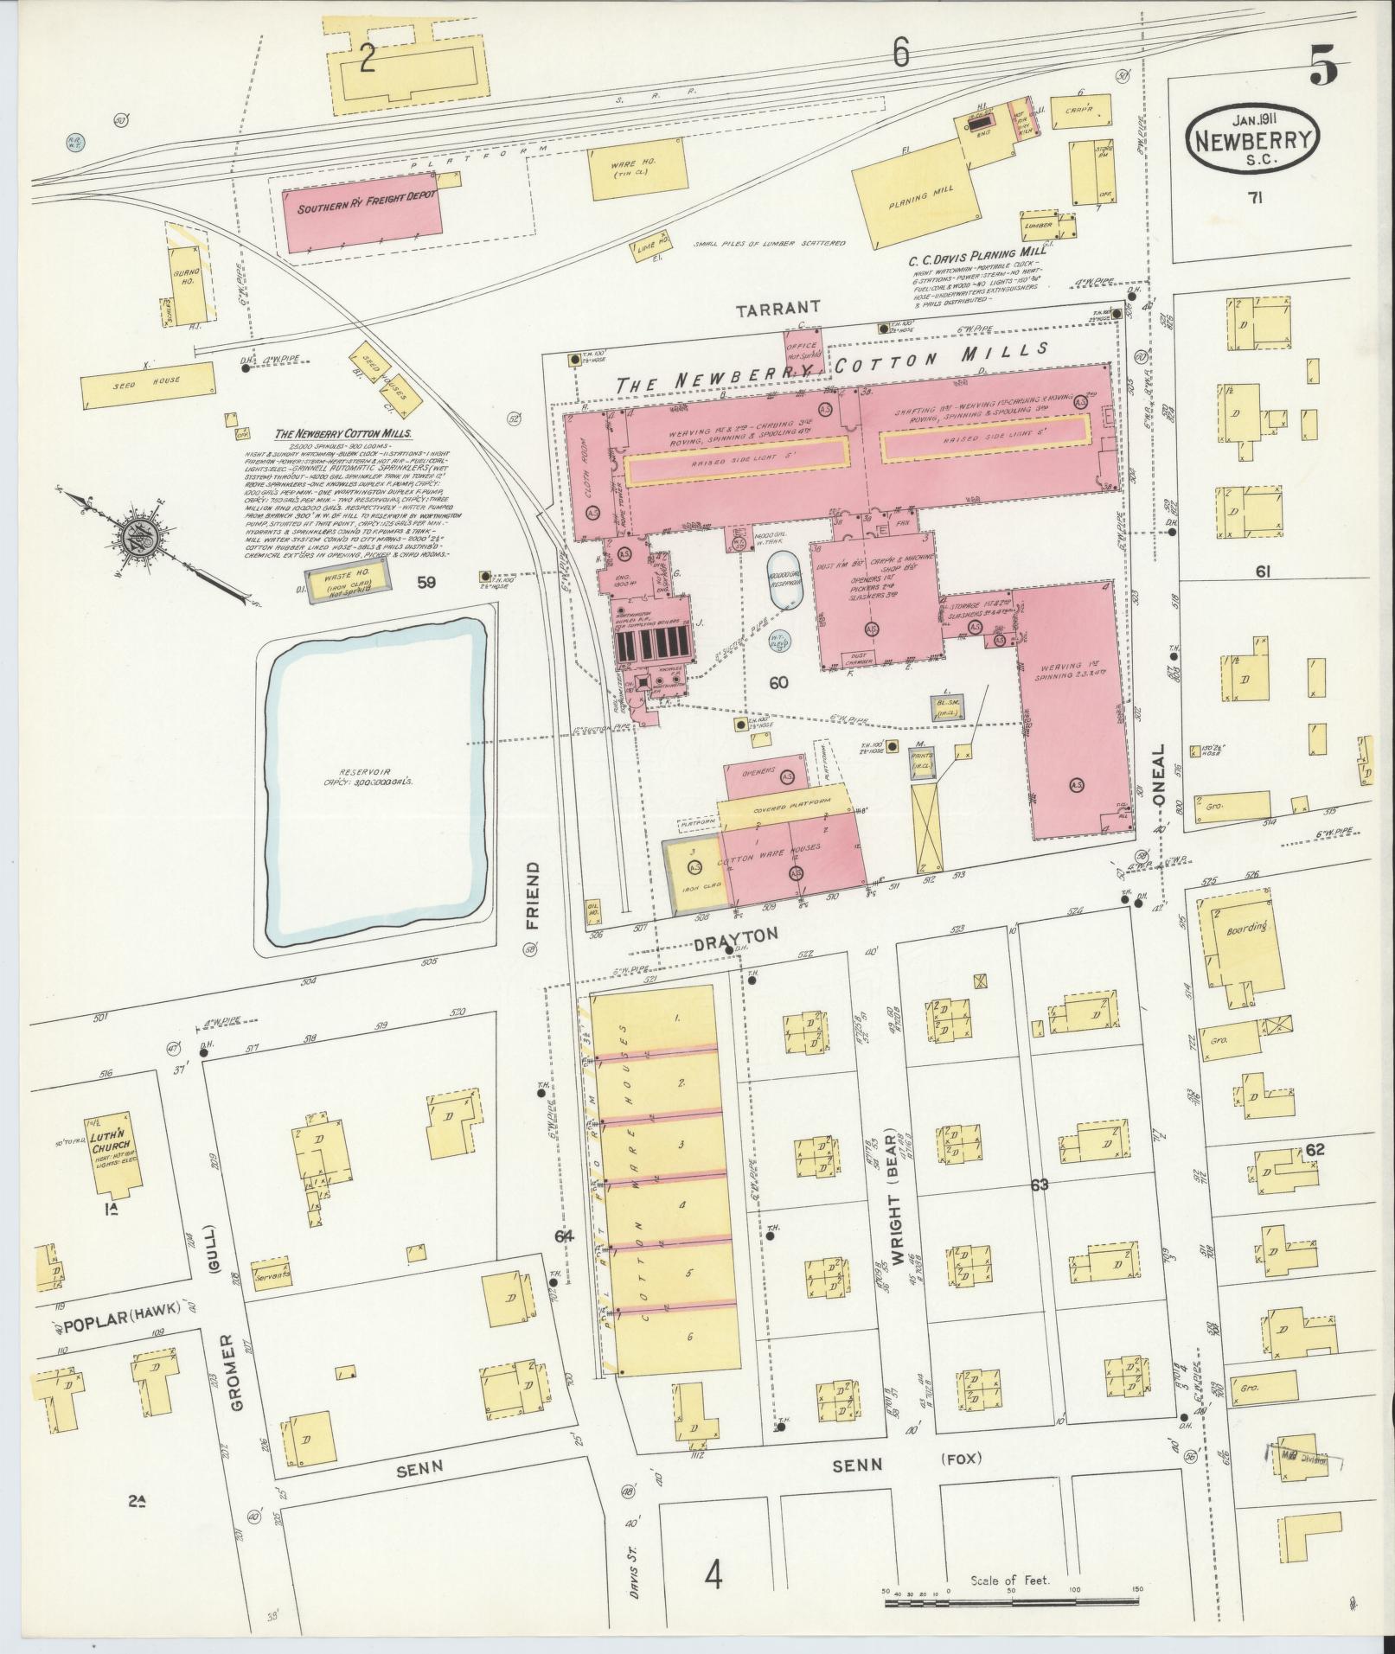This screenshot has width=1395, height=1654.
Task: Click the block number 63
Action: pos(1040,1185)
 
